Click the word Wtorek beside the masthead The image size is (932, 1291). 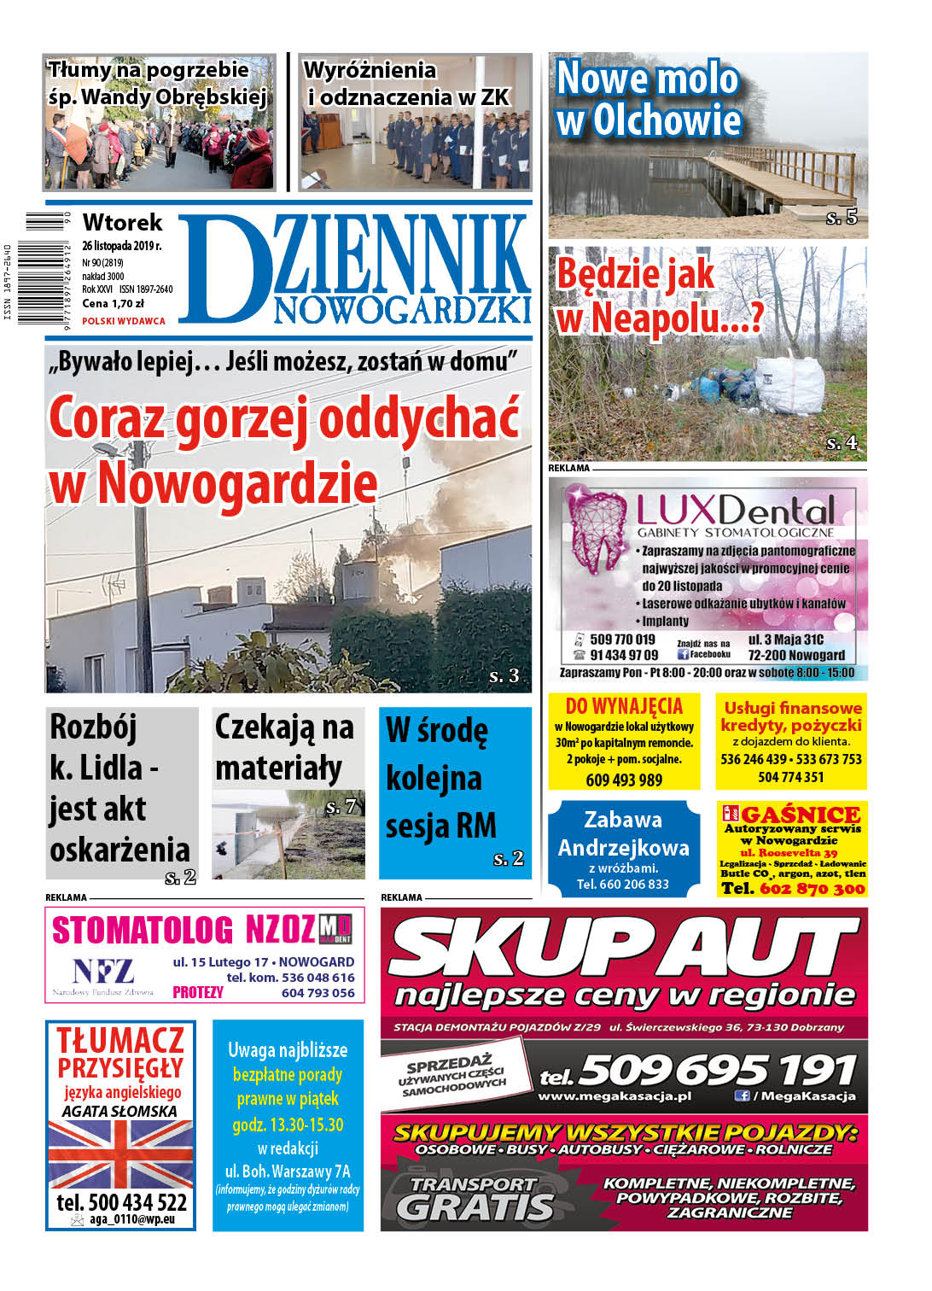tap(122, 223)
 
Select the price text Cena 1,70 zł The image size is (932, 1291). tap(113, 303)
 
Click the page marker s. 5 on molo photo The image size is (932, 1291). tap(841, 218)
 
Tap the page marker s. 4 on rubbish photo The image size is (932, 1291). tap(841, 443)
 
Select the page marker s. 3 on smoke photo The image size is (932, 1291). tap(504, 676)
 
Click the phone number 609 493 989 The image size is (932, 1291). tap(624, 780)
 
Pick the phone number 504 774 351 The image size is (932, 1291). tap(790, 777)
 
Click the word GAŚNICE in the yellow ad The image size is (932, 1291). tap(801, 815)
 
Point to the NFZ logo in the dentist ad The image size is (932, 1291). tap(102, 972)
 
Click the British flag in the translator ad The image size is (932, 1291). tap(120, 1153)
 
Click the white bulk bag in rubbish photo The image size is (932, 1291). tap(790, 385)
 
